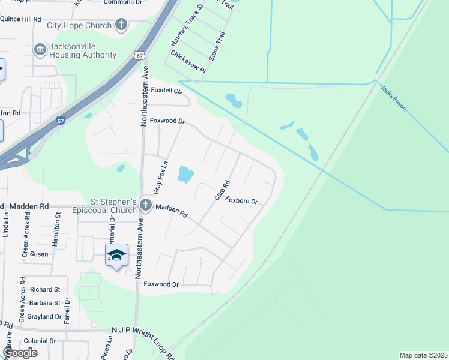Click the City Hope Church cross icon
pos(121,25)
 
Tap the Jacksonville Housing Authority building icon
pos(40,49)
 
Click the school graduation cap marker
pos(116,256)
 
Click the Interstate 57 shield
pos(61,120)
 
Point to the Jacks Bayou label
pos(393,97)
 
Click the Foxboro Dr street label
pos(241,201)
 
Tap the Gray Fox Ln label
pos(159,176)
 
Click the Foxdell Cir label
pos(166,91)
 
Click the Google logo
pos(20,352)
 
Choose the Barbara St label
pos(44,303)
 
